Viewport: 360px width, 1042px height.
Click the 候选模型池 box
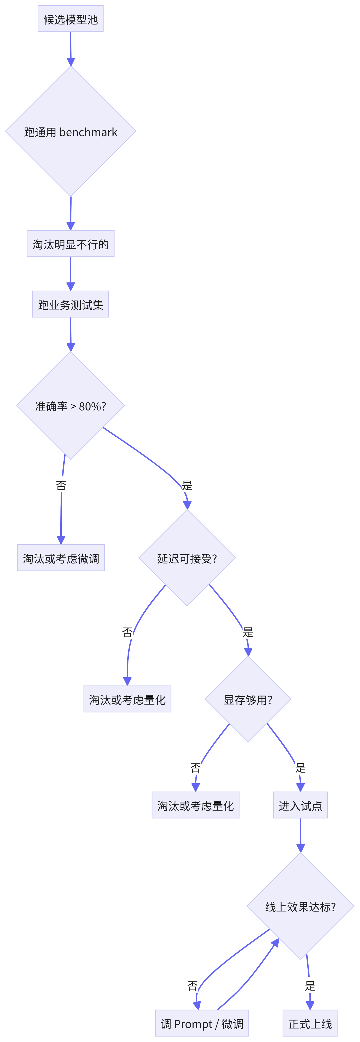70,19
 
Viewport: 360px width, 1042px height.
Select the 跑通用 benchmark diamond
70,131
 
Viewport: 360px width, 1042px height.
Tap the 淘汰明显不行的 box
70,244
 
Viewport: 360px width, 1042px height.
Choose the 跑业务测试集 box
70,304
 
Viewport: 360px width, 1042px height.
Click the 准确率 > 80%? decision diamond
70,405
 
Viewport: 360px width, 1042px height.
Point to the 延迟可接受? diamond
187,558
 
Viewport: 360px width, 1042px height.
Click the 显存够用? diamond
248,699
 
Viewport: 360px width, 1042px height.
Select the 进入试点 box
300,805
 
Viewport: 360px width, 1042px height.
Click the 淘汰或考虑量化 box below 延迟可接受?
127,699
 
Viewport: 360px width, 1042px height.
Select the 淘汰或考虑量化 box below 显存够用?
195,805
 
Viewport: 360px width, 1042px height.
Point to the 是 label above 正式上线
310,986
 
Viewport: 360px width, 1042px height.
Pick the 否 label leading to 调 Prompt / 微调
192,986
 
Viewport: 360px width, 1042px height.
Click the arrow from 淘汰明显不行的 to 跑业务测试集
70,274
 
